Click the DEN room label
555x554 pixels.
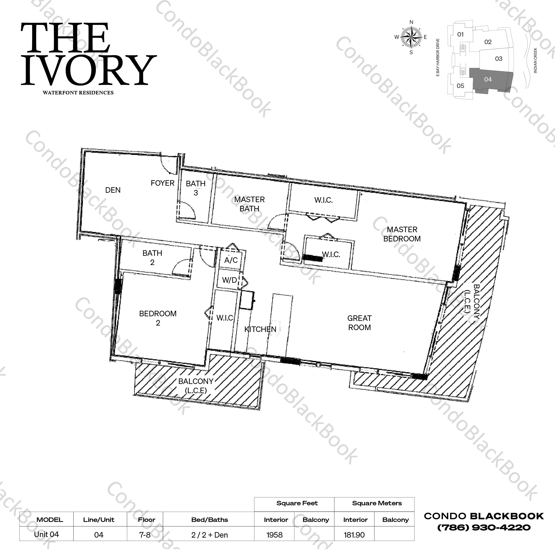click(x=113, y=190)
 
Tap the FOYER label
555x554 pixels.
click(x=163, y=183)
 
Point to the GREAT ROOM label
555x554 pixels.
click(x=359, y=323)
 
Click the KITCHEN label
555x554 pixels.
click(x=260, y=329)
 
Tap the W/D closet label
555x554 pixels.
click(x=230, y=280)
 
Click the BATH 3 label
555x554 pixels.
click(x=196, y=188)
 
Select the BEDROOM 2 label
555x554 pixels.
click(x=158, y=318)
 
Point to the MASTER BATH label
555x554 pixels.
click(x=249, y=204)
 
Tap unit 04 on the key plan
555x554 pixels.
click(x=488, y=79)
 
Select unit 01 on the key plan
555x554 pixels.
click(x=461, y=34)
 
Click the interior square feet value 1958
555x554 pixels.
click(x=274, y=535)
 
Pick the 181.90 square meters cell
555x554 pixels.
click(x=354, y=535)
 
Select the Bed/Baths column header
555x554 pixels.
click(x=210, y=520)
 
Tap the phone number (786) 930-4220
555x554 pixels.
click(x=484, y=528)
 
